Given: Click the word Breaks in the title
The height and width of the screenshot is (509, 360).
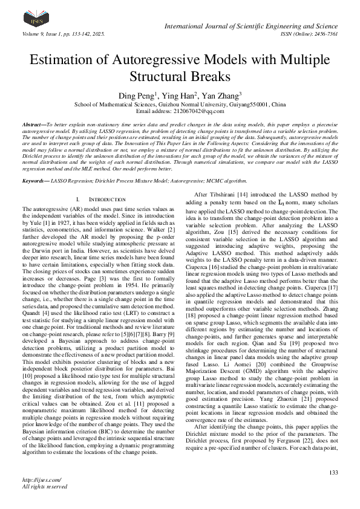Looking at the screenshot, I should (x=210, y=77).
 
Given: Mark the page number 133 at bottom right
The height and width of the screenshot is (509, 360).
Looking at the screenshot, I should (x=333, y=472).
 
